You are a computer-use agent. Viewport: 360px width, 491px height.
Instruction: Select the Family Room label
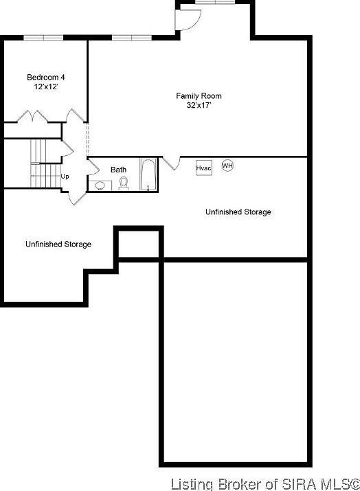point(199,96)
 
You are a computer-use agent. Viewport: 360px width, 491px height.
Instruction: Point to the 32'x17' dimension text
point(199,106)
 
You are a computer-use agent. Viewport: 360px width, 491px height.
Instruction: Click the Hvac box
point(203,168)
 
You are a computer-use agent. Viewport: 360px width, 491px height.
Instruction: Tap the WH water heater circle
point(227,165)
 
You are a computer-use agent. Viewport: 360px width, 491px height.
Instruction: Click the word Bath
point(119,170)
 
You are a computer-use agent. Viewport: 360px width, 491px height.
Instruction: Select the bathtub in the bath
point(148,174)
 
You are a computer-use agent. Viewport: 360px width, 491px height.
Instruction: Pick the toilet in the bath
point(124,183)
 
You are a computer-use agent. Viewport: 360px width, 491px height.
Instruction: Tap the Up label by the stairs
point(65,176)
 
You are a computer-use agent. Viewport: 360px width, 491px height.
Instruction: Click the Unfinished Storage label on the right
point(238,212)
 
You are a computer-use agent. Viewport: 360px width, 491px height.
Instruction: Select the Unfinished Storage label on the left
point(58,244)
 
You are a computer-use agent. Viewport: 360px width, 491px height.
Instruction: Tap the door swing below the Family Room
point(170,163)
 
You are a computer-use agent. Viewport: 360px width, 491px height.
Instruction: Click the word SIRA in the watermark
point(281,482)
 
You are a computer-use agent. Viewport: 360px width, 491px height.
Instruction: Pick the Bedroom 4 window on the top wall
point(44,37)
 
